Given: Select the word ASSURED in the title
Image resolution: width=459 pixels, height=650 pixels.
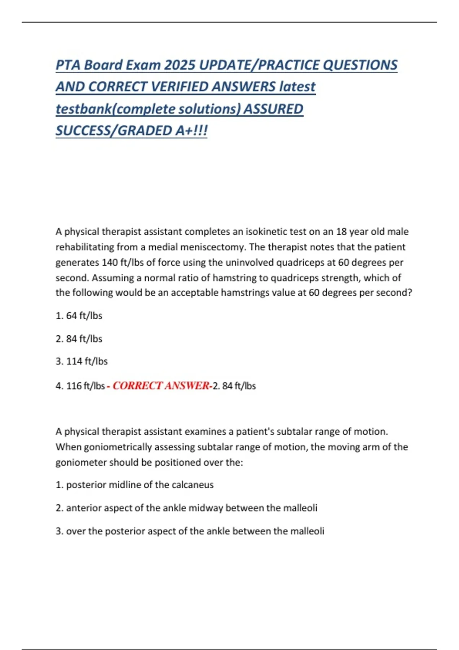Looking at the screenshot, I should click(x=273, y=109).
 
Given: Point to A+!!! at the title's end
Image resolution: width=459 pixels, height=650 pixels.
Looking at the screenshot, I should click(x=191, y=131).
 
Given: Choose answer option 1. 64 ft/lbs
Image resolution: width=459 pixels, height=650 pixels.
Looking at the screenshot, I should click(x=79, y=316).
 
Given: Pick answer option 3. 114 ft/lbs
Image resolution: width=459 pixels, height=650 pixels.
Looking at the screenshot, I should click(x=81, y=361).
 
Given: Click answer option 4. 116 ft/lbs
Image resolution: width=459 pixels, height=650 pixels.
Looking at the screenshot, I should click(x=80, y=386).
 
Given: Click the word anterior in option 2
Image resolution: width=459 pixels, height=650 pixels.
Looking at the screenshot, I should click(x=84, y=508).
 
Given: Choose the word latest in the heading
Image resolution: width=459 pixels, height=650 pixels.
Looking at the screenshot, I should click(x=298, y=87).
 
